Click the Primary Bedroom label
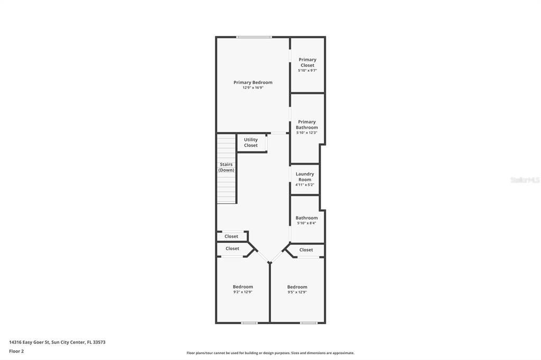[253, 82]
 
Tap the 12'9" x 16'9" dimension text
[253, 88]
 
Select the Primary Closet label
[307, 62]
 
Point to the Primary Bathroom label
[307, 125]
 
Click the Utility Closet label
[251, 143]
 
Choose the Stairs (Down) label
[227, 167]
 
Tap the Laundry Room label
[305, 177]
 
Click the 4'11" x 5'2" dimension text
[305, 185]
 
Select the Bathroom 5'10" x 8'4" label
[306, 218]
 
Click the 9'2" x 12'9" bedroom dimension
[243, 292]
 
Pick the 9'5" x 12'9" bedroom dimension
[297, 292]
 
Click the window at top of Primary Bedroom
[254, 37]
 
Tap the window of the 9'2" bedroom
[249, 323]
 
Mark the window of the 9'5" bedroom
[309, 323]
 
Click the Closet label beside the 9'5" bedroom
[306, 250]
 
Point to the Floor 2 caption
[16, 351]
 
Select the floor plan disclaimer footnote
[270, 353]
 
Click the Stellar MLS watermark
[525, 180]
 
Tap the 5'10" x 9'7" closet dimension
[307, 70]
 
